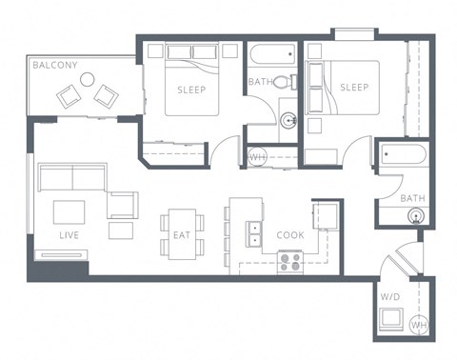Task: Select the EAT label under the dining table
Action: point(180,233)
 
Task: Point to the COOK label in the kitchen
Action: point(289,234)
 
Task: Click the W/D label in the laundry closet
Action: point(389,296)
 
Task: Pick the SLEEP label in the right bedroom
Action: point(354,88)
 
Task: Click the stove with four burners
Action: point(290,261)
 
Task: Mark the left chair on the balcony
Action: point(69,94)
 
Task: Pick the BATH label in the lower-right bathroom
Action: point(412,199)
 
